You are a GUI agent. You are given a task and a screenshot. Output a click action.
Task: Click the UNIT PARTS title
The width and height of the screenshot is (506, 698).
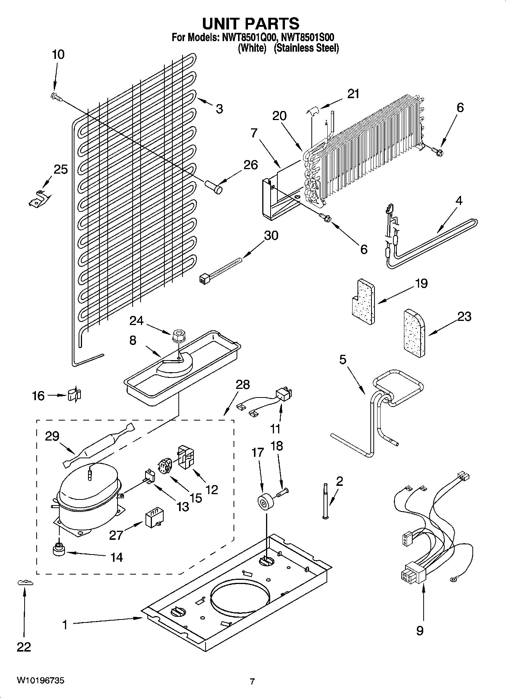tap(251, 23)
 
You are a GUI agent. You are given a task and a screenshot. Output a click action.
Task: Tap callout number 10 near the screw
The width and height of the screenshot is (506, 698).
tap(58, 55)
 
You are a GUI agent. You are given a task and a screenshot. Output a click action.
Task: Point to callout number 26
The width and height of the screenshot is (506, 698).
tap(251, 165)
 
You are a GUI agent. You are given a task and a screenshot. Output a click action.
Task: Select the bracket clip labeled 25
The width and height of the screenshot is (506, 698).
tap(39, 198)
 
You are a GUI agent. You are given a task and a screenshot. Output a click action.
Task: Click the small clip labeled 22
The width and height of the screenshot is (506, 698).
tap(25, 583)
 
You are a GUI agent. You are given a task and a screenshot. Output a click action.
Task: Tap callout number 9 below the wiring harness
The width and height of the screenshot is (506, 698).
tap(419, 630)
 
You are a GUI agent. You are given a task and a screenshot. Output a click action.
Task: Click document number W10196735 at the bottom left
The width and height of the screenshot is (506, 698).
tap(40, 681)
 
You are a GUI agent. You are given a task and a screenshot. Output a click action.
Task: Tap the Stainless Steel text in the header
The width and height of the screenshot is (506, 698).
tap(306, 48)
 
